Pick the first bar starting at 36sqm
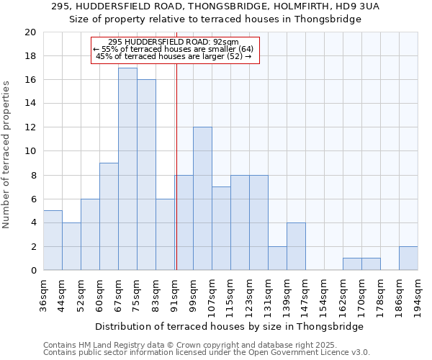pyautogui.click(x=53, y=240)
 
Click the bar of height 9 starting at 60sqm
pyautogui.click(x=109, y=217)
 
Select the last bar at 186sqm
pyautogui.click(x=408, y=258)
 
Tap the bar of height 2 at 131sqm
pyautogui.click(x=277, y=258)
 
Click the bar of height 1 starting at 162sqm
pyautogui.click(x=352, y=264)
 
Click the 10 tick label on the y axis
pyautogui.click(x=30, y=151)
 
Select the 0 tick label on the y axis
pyautogui.click(x=33, y=271)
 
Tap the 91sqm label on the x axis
pyautogui.click(x=175, y=292)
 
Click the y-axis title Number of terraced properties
pyautogui.click(x=7, y=154)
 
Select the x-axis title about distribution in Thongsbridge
pyautogui.click(x=229, y=326)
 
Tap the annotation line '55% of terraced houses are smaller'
pyautogui.click(x=174, y=49)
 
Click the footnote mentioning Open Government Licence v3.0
pyautogui.click(x=207, y=353)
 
